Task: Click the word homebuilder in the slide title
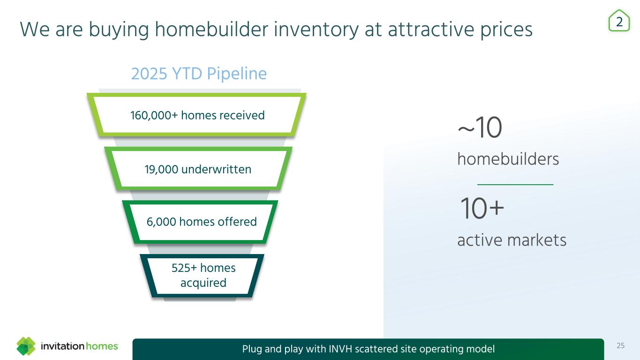211,30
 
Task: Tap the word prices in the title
506,31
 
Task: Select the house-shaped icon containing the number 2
619,21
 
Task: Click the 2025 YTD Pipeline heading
199,74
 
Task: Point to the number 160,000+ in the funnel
154,115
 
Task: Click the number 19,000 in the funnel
161,169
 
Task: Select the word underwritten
216,169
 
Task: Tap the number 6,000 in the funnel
161,222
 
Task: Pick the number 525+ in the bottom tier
184,268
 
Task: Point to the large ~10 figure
480,127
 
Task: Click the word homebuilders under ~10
508,159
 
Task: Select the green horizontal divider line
515,185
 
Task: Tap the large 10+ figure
482,208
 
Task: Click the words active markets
512,240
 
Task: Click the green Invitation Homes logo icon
26,346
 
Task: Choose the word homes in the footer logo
102,346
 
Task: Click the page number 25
621,346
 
